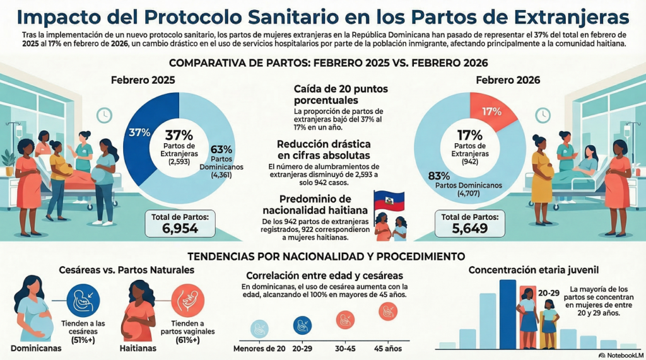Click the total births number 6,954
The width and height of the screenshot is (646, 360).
(180, 228)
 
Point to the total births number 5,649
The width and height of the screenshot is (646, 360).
(466, 228)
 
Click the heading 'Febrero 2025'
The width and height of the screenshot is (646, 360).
(143, 81)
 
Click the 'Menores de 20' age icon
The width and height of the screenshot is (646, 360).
(259, 328)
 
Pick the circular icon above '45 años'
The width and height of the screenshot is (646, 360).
(388, 312)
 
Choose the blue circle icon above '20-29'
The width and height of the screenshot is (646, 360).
(303, 325)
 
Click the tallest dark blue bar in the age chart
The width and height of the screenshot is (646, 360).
(507, 313)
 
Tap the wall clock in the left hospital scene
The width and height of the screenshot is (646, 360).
(105, 115)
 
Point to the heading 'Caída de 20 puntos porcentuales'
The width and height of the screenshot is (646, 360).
(334, 95)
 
